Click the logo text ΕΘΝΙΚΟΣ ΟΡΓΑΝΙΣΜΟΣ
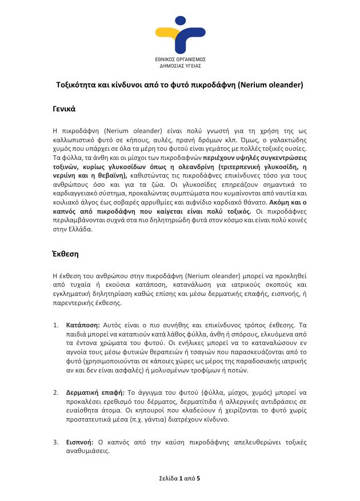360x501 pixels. [180, 59]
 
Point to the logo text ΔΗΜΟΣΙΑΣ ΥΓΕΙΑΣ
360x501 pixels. [180, 66]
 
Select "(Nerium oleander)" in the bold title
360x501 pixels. [270, 86]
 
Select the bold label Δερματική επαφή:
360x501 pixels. [95, 392]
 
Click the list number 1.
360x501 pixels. [55, 324]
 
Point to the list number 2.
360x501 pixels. [55, 392]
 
